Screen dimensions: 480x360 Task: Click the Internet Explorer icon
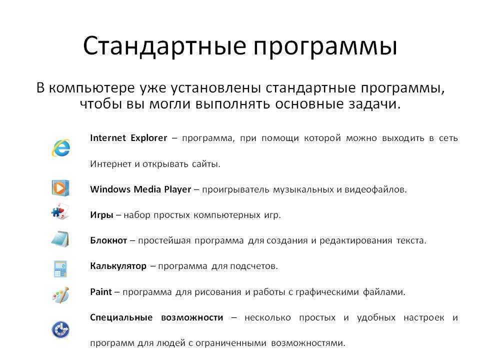tap(61, 148)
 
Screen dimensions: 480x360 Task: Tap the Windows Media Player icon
tap(60, 187)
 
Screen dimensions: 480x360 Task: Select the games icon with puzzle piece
tap(60, 211)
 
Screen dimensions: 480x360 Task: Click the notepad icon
tap(60, 239)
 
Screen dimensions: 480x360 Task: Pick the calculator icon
tap(60, 269)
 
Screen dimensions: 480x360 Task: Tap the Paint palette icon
tap(60, 295)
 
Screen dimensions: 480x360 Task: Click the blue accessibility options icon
tap(60, 329)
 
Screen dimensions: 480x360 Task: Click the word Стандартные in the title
tap(164, 46)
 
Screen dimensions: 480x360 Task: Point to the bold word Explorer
tap(149, 138)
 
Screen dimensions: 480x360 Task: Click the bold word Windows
tap(110, 189)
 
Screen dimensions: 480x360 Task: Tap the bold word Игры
tap(101, 215)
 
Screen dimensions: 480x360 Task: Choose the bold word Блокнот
tap(108, 240)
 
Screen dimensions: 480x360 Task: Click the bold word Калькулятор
tap(118, 266)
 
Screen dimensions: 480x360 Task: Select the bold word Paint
tap(101, 291)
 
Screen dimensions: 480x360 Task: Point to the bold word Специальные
tap(121, 318)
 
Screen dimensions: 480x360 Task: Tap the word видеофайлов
tap(375, 190)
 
